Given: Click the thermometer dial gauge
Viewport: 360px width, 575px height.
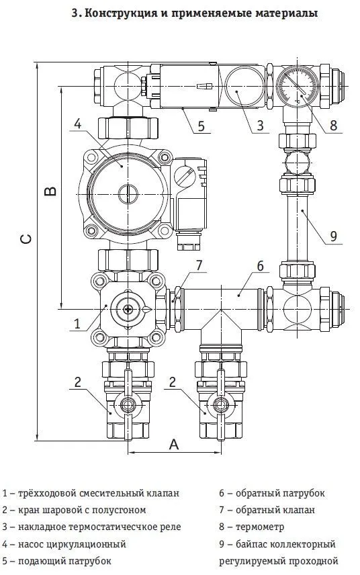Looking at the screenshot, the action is coord(297,86).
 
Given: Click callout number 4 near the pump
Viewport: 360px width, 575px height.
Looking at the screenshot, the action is coord(78,124).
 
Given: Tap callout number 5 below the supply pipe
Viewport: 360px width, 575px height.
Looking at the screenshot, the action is coord(201,126).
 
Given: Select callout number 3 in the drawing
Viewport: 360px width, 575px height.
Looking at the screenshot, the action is coord(260,126).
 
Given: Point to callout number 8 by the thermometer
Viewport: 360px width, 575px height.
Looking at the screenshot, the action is coord(333,126).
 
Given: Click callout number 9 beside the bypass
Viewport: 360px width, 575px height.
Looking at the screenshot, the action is coord(333,236).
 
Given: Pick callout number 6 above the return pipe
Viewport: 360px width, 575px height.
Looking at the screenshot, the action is coord(260,266).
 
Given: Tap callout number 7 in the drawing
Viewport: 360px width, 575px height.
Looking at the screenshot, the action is coord(199,265).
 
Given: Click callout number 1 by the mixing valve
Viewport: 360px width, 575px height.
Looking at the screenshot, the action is coord(77,324).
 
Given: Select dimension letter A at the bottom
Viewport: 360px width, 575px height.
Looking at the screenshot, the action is coord(174,445).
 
